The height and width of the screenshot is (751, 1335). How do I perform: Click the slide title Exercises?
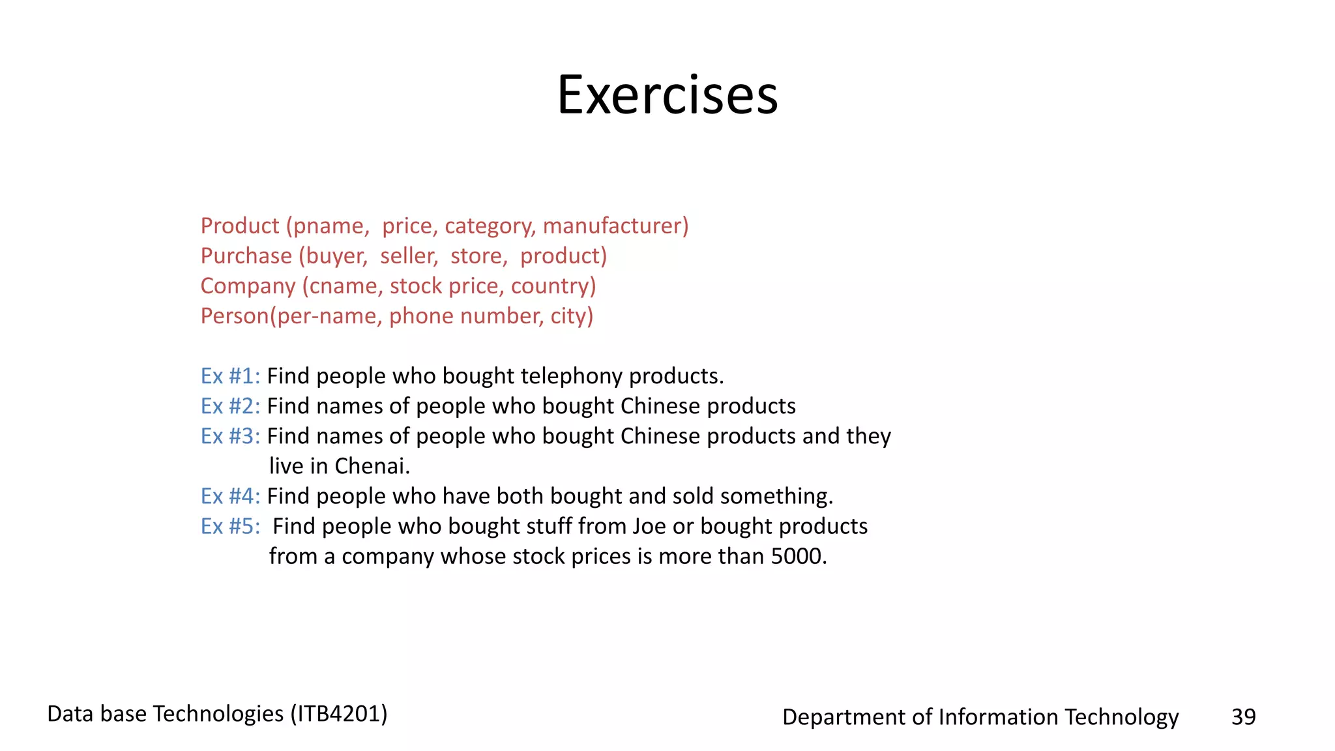(667, 95)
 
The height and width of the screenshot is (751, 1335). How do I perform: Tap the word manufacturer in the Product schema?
(613, 226)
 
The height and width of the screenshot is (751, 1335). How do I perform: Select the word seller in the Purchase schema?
(409, 256)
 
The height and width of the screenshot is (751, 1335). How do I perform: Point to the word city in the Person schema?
(569, 316)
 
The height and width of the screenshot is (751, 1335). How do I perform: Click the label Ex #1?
(230, 376)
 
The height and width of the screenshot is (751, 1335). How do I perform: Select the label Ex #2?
(230, 406)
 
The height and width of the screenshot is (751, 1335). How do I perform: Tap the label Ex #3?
(230, 436)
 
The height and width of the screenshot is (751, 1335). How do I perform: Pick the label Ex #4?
(230, 496)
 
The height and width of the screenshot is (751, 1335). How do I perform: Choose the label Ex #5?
(230, 526)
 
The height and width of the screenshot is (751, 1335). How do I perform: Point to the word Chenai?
(371, 466)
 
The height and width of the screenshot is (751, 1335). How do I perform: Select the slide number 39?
(1243, 716)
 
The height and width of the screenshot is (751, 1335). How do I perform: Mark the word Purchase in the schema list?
(246, 256)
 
